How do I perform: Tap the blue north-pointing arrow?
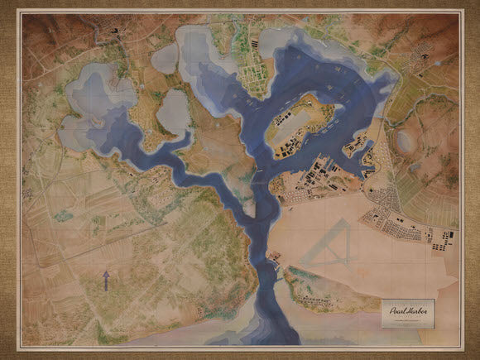[x=106, y=279]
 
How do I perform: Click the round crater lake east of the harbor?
[x=406, y=142]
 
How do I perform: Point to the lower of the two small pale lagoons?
[x=173, y=113]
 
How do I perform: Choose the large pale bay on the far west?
[x=83, y=108]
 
